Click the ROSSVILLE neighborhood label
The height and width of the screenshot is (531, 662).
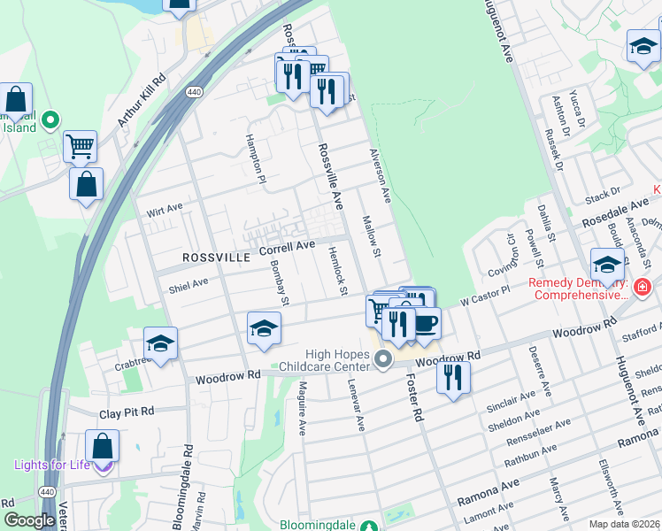216,257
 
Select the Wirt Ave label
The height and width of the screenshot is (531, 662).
164,209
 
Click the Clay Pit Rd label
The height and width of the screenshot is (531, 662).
127,412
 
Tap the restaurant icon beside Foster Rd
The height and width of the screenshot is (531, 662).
453,376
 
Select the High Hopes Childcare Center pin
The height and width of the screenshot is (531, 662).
383,359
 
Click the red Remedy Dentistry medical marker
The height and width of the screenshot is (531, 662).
642,287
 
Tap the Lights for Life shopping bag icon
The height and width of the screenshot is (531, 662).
103,448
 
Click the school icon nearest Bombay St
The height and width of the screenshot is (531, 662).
263,328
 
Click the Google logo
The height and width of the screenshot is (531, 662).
29,520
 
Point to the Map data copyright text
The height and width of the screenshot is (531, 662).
624,524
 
